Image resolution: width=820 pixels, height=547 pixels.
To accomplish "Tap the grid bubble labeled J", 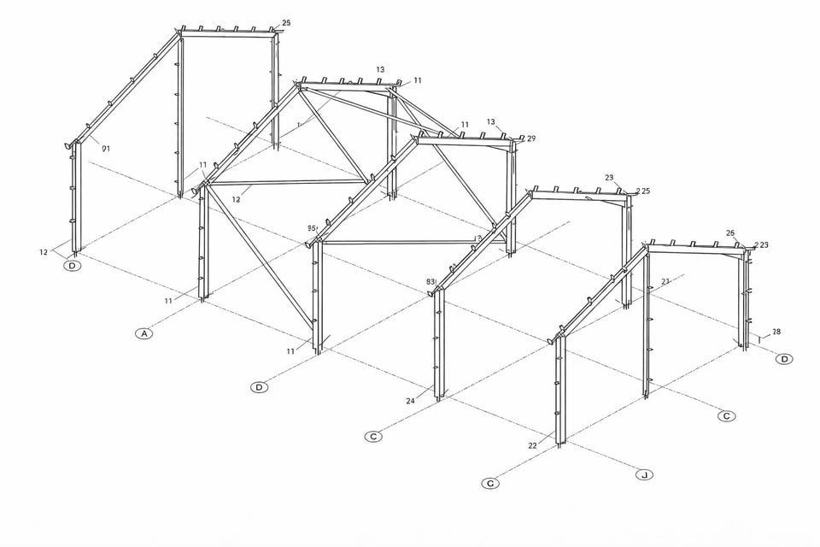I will (643, 474).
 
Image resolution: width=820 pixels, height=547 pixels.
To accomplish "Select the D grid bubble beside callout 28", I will (784, 359).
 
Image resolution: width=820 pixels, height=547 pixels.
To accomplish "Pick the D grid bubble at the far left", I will (73, 266).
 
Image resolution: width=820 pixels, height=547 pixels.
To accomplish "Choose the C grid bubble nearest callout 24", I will (373, 437).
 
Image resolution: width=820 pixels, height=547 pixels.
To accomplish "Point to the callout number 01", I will (106, 149).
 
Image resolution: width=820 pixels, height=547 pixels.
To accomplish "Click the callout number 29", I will (531, 138).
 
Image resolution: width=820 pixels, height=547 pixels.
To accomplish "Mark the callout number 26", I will (730, 233).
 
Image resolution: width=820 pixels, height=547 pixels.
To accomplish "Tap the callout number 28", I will (776, 332).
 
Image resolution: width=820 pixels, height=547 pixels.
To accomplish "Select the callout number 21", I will (665, 281).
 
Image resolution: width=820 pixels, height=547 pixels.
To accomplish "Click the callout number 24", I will (411, 400).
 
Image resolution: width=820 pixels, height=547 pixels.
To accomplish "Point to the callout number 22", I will (532, 445).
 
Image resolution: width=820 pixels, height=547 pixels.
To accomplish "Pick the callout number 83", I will (431, 282).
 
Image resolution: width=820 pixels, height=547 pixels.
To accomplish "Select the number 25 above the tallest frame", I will (285, 23).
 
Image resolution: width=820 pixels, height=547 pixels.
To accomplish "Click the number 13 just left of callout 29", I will (491, 122).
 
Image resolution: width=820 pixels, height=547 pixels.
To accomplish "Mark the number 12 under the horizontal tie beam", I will (236, 199).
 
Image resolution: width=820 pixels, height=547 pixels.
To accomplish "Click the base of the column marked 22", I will (560, 442).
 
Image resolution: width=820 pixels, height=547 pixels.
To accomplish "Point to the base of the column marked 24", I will (439, 397).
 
